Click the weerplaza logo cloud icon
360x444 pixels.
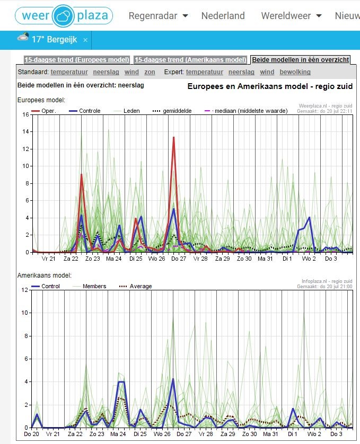click(x=64, y=16)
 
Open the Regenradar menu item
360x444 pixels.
click(x=158, y=16)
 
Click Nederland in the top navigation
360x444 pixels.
click(x=223, y=15)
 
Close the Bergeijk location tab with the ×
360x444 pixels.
click(x=85, y=40)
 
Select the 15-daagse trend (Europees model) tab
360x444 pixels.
click(x=77, y=60)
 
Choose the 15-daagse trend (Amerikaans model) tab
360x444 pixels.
click(x=190, y=60)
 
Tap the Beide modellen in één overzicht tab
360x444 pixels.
click(x=301, y=60)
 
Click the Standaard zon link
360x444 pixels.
click(x=150, y=72)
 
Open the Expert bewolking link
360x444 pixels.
click(x=295, y=72)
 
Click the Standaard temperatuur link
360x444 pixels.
click(x=69, y=72)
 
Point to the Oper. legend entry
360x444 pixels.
click(x=43, y=111)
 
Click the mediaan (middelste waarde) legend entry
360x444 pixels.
click(x=246, y=111)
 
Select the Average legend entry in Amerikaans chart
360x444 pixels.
click(x=136, y=286)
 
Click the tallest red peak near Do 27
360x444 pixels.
click(x=173, y=138)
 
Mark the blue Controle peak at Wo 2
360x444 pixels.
click(x=309, y=217)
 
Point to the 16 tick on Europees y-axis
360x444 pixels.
click(x=26, y=114)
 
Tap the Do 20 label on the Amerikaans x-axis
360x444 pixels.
click(x=31, y=434)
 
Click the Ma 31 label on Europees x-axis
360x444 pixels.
click(x=265, y=259)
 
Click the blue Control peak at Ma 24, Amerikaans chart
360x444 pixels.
click(x=121, y=382)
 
